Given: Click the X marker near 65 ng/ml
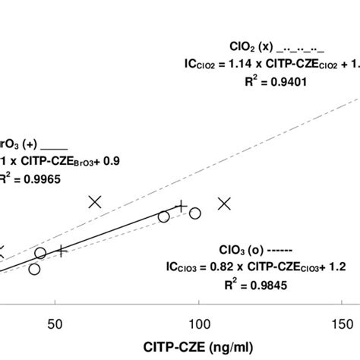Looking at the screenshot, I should (95, 201).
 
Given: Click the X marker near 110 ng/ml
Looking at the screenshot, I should (224, 203).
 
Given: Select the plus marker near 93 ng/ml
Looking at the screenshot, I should (181, 206).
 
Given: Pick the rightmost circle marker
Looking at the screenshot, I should (195, 213).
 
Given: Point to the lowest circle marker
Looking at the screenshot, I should (34, 269).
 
